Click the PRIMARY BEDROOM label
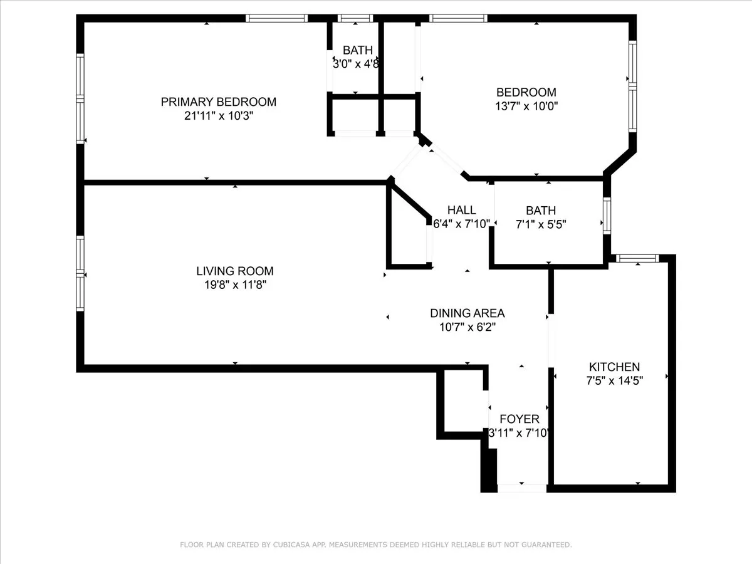click(219, 102)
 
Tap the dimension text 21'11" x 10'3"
click(219, 116)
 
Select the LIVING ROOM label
click(235, 271)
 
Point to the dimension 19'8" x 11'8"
click(235, 285)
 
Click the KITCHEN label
click(614, 367)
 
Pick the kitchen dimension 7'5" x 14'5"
click(614, 380)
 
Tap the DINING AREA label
click(467, 313)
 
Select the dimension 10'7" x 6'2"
click(467, 326)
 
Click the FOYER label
click(519, 419)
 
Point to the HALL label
click(462, 211)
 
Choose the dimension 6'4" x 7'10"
click(462, 224)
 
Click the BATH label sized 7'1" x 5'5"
click(541, 211)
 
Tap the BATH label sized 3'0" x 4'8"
click(357, 50)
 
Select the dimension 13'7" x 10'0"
click(526, 106)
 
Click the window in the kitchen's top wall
click(636, 258)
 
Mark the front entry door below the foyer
click(521, 488)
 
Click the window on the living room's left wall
click(80, 273)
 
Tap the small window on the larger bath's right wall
click(607, 216)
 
